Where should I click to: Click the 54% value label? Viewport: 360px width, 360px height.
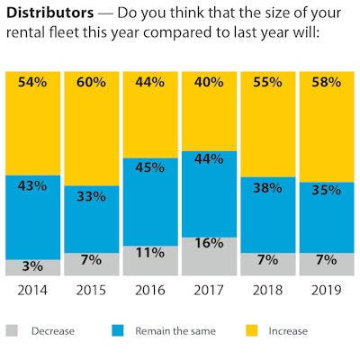click(32, 82)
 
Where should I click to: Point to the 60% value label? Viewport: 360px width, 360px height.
click(90, 82)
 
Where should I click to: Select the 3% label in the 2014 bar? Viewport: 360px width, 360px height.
click(32, 268)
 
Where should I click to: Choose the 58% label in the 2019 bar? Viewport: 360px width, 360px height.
click(326, 82)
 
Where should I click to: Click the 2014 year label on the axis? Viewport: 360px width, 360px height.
click(32, 291)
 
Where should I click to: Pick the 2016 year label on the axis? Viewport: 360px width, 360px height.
click(149, 291)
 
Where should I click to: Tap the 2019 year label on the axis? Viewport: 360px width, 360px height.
click(326, 291)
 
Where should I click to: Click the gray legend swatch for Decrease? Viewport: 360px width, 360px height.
click(12, 330)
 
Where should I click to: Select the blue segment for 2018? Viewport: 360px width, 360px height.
click(267, 214)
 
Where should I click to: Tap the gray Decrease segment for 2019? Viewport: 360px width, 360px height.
click(326, 265)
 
